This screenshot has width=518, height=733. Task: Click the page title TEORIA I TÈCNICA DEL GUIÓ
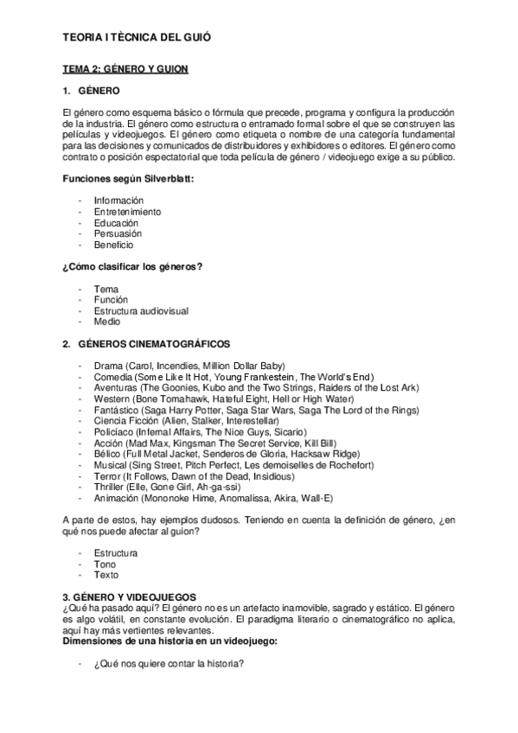pos(137,38)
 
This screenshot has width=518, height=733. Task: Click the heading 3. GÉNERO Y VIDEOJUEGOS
pos(130,596)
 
